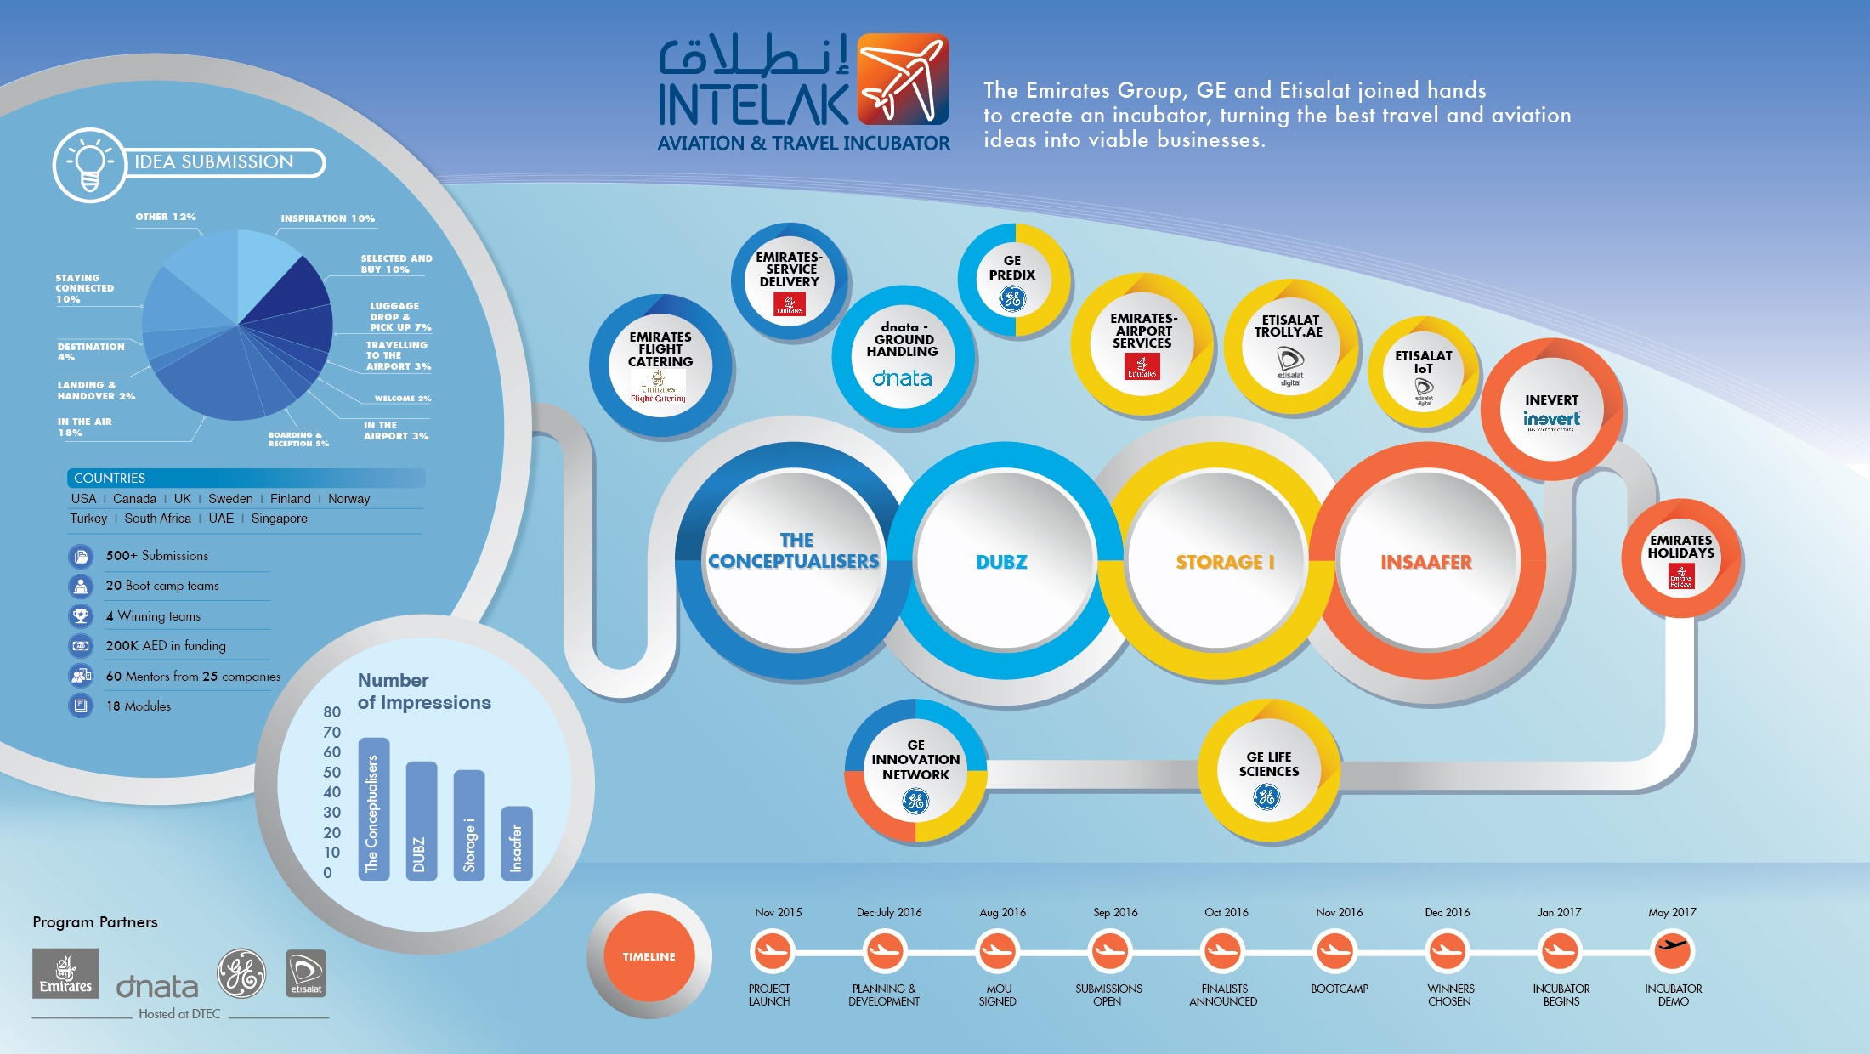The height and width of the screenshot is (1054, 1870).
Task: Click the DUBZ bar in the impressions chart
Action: coord(422,820)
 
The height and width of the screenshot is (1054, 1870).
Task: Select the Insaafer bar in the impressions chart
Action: coord(517,843)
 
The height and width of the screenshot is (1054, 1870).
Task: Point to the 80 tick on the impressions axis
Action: coord(331,712)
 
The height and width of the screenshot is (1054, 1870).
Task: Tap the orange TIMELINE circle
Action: coord(649,956)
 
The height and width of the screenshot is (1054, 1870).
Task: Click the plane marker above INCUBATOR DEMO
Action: coord(1673,949)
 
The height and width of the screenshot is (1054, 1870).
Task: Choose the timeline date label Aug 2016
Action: coord(1002,912)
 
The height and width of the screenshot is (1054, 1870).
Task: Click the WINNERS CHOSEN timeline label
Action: coord(1450,995)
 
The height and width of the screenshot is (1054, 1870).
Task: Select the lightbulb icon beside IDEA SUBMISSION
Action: coord(89,164)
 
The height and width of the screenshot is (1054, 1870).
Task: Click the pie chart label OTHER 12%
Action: coord(166,217)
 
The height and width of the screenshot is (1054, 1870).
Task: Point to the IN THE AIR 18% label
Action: coord(84,427)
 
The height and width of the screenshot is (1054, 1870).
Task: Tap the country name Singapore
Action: coord(279,518)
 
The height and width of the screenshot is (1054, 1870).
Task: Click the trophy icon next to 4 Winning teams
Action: coord(81,615)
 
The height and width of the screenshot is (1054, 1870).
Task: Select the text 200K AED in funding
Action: coord(166,646)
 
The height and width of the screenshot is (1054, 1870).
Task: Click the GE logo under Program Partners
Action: coord(241,973)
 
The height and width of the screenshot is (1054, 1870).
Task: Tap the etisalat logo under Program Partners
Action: coord(306,973)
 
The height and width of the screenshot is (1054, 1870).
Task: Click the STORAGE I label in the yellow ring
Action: coord(1225,562)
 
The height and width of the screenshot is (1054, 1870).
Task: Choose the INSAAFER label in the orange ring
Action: coord(1426,562)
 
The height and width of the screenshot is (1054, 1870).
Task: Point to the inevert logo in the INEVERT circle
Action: coord(1551,419)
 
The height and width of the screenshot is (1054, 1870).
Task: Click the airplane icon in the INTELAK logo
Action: coord(903,79)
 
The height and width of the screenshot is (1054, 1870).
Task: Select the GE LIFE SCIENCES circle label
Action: coord(1268,764)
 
